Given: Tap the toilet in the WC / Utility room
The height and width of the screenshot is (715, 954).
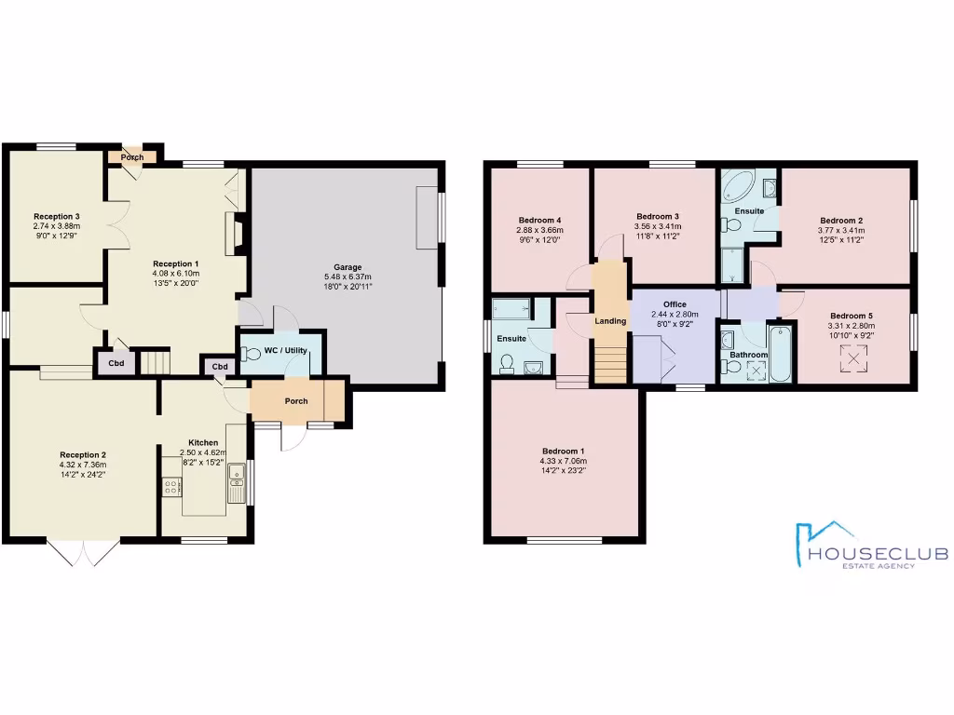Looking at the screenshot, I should point(251,355).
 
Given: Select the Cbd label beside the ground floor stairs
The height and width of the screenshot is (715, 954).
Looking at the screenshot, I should point(116,363).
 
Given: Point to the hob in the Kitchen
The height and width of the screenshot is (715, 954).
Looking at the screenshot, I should point(171,487).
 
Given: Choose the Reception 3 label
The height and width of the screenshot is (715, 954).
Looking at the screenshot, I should point(57,216).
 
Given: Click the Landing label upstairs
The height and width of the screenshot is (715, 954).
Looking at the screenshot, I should point(609,321).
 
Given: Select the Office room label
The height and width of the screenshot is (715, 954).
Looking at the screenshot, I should point(675,304).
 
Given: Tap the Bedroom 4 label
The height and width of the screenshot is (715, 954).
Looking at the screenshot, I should point(539,220).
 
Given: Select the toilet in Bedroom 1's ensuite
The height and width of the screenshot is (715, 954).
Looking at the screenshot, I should point(508,364).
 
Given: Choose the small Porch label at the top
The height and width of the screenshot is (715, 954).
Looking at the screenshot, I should point(132,157).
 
